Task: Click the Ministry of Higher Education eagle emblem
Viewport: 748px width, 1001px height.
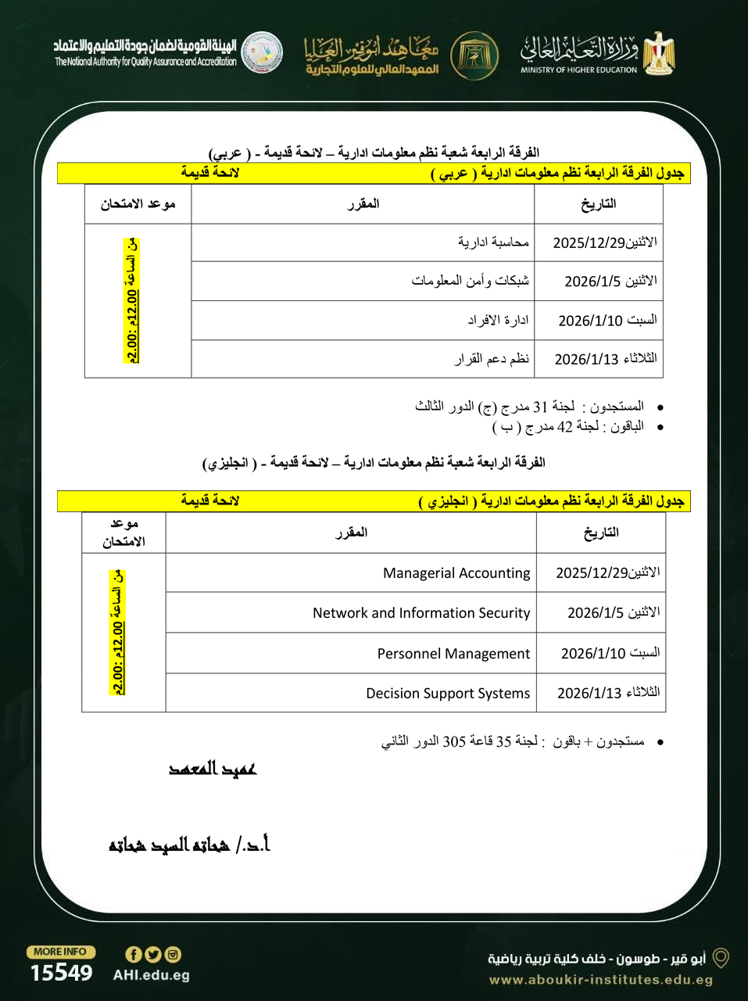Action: pos(658,52)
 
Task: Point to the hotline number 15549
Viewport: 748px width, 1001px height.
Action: pos(61,973)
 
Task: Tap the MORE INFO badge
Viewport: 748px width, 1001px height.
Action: pos(60,952)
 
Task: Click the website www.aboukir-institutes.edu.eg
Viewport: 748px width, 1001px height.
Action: pos(600,980)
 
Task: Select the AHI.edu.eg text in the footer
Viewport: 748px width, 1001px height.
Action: pos(151,975)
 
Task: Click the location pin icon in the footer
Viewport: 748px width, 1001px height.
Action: pos(721,958)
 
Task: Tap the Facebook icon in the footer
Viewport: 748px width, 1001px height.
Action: pos(133,954)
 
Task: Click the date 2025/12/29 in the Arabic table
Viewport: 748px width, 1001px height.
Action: pos(604,242)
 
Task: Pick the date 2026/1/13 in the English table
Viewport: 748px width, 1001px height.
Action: pos(608,693)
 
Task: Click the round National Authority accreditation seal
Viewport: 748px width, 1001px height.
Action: pos(262,53)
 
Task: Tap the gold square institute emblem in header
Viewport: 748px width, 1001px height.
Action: pos(474,53)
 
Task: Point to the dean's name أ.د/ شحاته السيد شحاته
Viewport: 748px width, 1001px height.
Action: pos(189,845)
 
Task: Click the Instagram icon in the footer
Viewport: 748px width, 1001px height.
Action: pos(173,954)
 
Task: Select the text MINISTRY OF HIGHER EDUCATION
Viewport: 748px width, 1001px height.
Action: pos(578,70)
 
